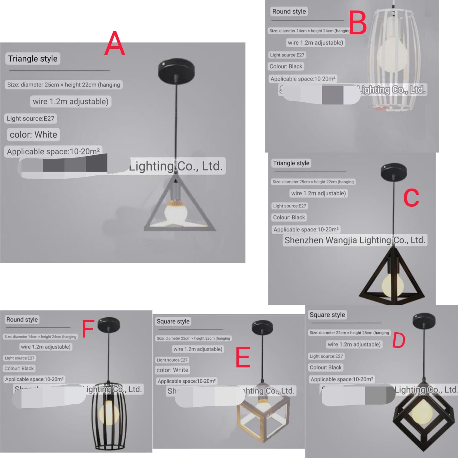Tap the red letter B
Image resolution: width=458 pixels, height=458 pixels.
point(358,23)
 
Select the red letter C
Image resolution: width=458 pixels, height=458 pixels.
point(411,198)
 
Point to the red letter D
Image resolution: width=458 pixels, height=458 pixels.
point(399,340)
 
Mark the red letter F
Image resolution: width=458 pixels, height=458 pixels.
point(88,329)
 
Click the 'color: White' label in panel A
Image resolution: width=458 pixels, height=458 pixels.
point(33,135)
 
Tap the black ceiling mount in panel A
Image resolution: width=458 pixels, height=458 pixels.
point(176,70)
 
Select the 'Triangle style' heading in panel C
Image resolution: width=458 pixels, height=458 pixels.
point(291,163)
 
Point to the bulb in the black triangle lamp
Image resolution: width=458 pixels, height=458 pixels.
point(393,285)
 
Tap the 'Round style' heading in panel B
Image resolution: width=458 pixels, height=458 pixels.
point(289,11)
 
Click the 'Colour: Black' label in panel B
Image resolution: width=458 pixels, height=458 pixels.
point(286,66)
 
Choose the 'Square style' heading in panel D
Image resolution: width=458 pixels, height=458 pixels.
point(327,315)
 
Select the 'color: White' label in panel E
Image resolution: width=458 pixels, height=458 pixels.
point(172,370)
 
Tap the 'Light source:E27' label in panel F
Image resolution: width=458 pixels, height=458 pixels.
point(19,358)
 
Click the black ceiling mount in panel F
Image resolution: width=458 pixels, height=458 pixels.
point(109,325)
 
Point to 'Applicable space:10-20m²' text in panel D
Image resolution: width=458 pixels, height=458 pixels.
point(342,380)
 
